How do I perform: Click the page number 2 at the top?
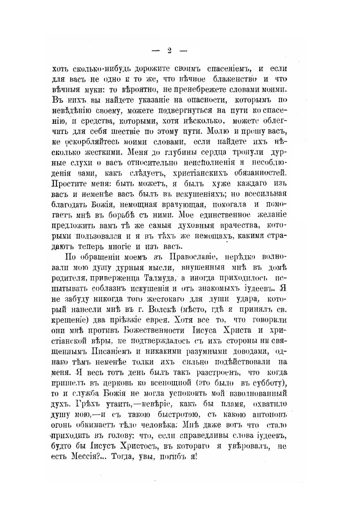(169, 51)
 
